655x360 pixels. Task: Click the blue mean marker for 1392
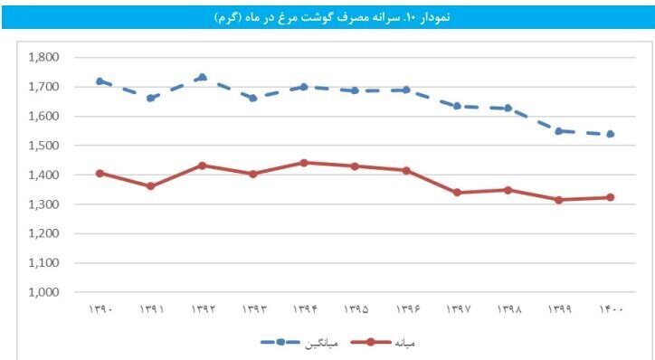click(202, 77)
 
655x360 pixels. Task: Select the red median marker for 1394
click(304, 163)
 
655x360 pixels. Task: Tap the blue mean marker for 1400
click(611, 134)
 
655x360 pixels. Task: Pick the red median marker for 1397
click(458, 193)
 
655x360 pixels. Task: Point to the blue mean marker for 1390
click(100, 81)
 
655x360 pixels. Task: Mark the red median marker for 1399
click(559, 200)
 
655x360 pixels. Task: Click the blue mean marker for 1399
click(559, 131)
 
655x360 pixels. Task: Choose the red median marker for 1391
click(150, 186)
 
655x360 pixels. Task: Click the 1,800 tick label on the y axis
click(44, 57)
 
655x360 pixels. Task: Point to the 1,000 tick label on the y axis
click(44, 292)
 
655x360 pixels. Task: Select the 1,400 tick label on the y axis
click(44, 175)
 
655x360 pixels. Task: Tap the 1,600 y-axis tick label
click(44, 116)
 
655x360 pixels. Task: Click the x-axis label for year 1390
click(100, 310)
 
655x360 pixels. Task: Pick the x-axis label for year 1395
click(355, 310)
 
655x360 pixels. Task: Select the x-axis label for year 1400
click(611, 310)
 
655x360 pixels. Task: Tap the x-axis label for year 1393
click(252, 310)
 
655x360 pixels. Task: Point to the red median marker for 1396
click(406, 170)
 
